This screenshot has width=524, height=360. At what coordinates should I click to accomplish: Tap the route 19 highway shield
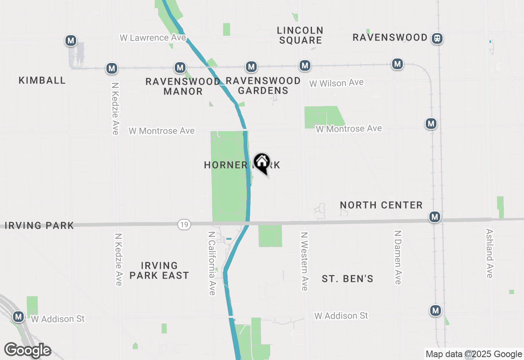(x=185, y=224)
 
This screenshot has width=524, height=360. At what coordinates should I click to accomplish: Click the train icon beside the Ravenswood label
(x=437, y=38)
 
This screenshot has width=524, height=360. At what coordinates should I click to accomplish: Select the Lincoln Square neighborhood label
(x=300, y=35)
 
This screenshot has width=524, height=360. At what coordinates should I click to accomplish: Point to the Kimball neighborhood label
(x=42, y=80)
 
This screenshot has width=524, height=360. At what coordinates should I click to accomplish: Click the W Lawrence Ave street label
(x=153, y=38)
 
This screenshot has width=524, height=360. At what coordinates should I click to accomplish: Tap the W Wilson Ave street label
(x=336, y=83)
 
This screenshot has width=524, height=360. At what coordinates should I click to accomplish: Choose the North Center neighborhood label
(x=381, y=205)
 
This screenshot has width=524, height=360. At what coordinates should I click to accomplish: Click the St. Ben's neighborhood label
(x=348, y=279)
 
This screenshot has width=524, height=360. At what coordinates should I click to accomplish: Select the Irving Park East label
(x=159, y=270)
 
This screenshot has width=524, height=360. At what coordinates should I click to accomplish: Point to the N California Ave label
(x=212, y=263)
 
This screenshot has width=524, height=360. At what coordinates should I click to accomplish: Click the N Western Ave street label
(x=304, y=261)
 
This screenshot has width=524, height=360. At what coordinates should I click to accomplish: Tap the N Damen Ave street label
(x=398, y=257)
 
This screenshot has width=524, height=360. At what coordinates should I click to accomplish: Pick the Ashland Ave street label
(x=489, y=253)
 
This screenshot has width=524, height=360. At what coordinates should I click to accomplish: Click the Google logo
(x=27, y=350)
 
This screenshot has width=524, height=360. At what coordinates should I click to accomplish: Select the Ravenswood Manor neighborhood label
(x=183, y=86)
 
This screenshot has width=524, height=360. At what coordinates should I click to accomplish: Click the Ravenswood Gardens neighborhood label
(x=263, y=85)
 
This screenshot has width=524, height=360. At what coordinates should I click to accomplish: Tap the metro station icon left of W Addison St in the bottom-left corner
(x=18, y=317)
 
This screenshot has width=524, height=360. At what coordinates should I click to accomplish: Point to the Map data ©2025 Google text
(x=474, y=354)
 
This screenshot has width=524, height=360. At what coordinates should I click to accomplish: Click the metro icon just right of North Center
(x=435, y=217)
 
